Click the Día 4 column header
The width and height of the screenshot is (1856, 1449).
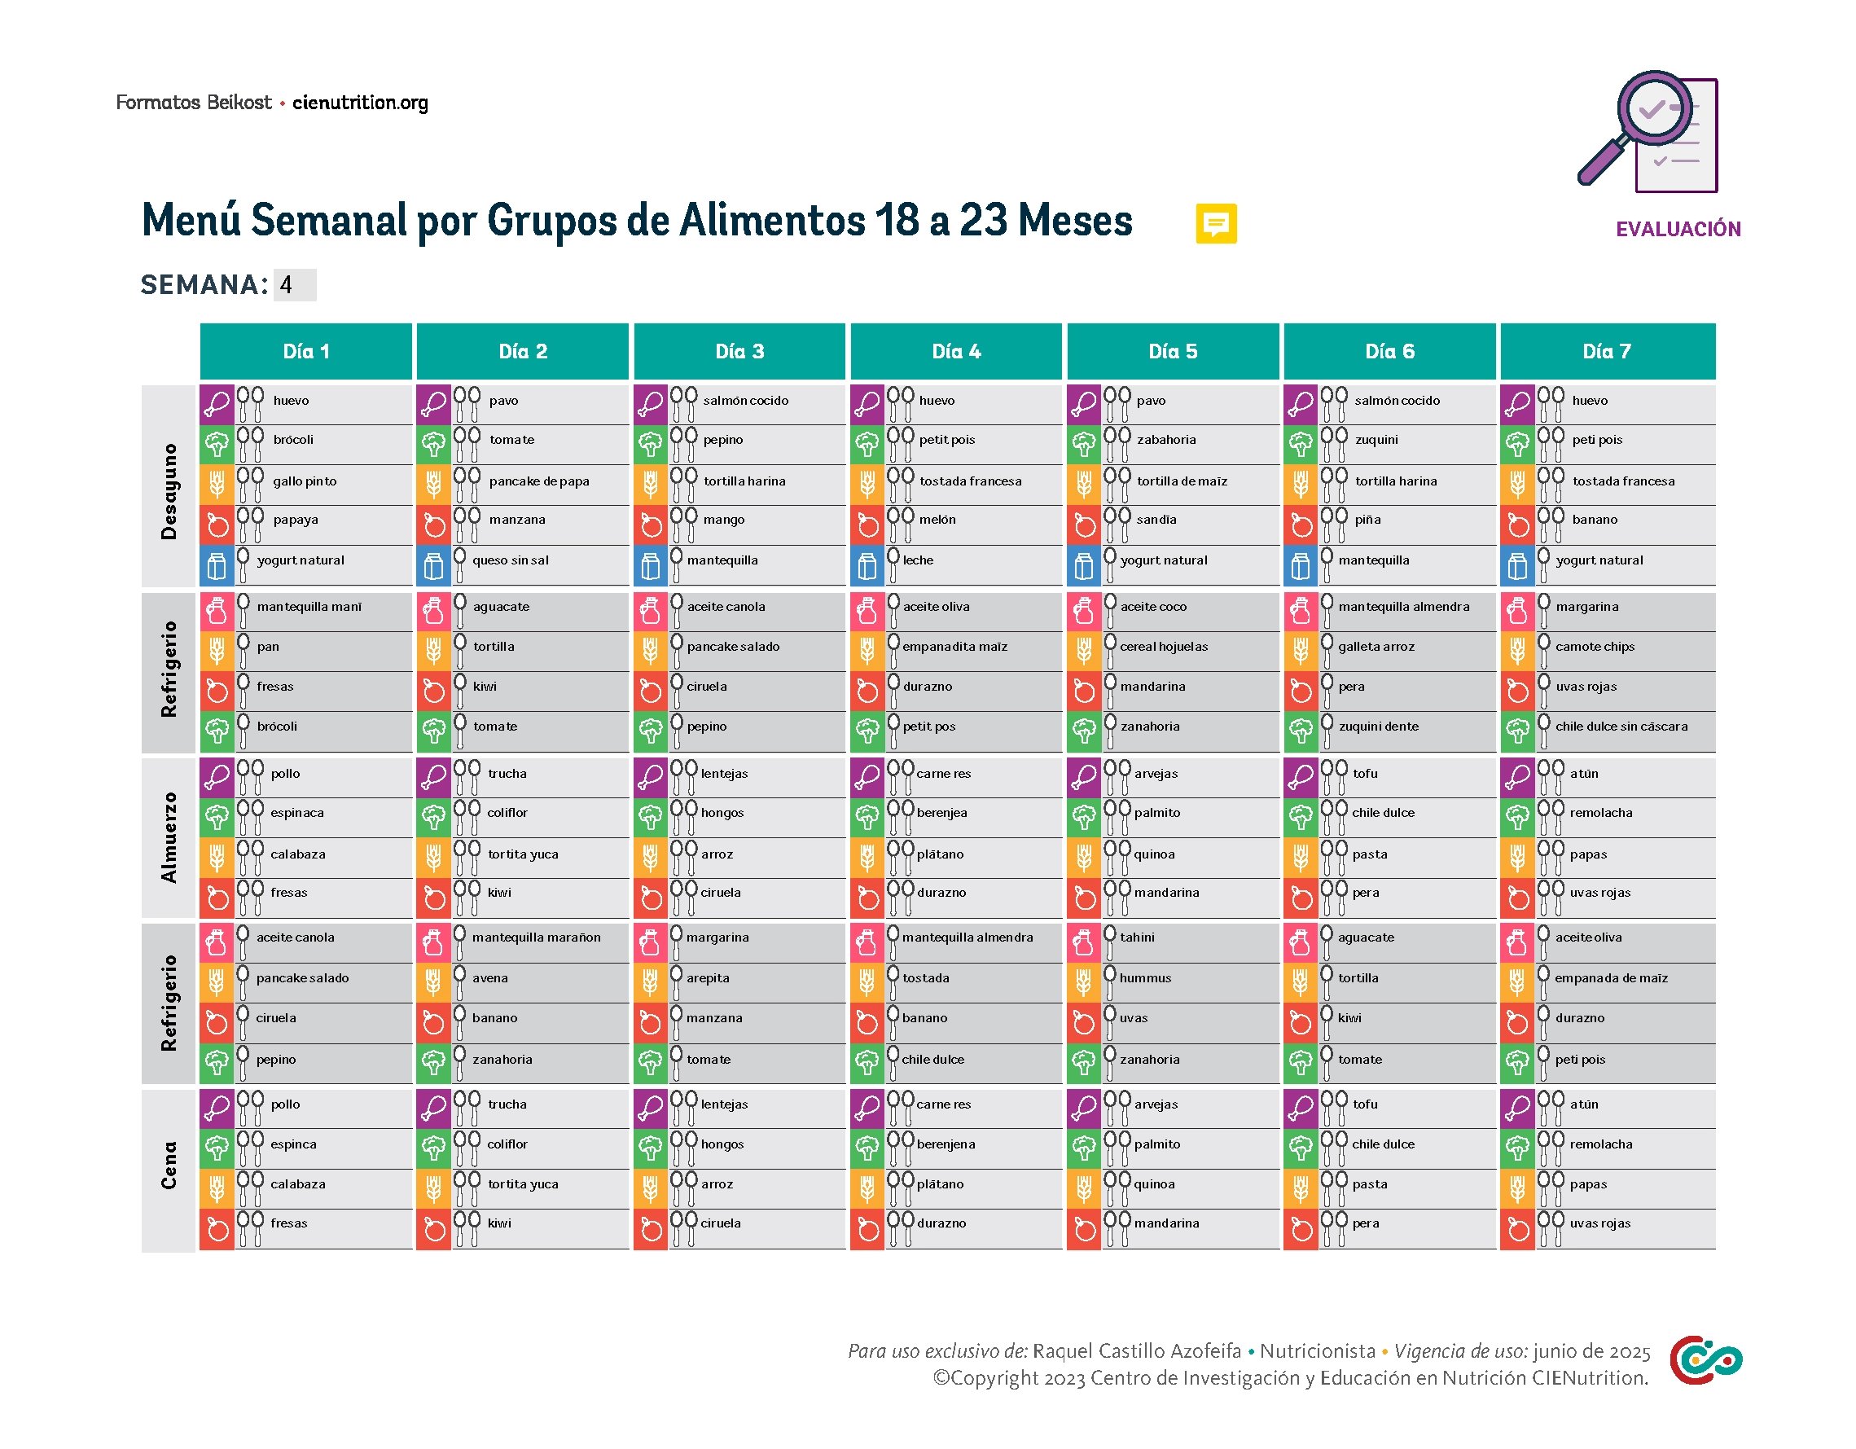(x=955, y=351)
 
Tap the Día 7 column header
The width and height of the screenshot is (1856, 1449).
(x=1606, y=351)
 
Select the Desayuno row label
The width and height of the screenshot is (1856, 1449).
(x=169, y=490)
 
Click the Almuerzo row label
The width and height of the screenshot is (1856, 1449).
(x=169, y=836)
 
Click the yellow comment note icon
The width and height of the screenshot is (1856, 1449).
(x=1215, y=223)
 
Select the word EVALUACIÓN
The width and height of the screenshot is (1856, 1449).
(x=1678, y=229)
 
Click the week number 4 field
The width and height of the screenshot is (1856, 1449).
(x=294, y=285)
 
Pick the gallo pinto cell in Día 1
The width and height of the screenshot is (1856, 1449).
(x=305, y=481)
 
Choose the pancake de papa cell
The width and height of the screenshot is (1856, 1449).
(x=539, y=481)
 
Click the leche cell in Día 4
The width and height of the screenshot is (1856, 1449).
(x=918, y=560)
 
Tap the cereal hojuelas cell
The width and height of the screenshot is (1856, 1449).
(x=1164, y=646)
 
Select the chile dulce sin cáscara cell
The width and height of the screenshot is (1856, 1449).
(x=1621, y=726)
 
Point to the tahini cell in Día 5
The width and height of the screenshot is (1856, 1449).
(x=1137, y=937)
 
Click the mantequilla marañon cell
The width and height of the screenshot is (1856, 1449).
(x=536, y=937)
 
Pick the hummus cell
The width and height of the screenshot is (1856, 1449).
(x=1145, y=977)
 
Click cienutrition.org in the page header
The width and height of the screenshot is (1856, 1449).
(x=360, y=103)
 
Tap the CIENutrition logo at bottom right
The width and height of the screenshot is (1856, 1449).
(x=1705, y=1359)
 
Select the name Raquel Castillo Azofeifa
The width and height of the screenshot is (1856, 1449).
(x=1136, y=1350)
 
